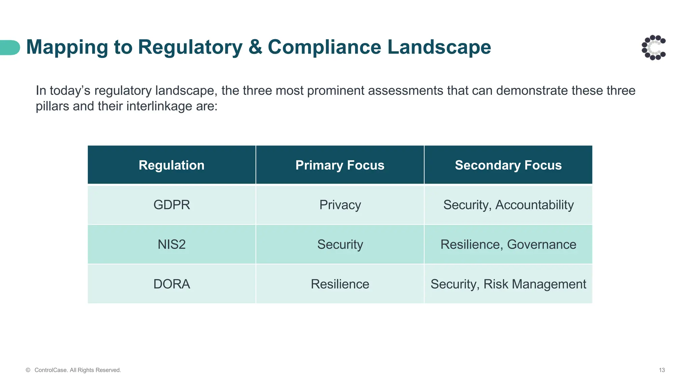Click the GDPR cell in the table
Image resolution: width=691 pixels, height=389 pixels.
(x=171, y=205)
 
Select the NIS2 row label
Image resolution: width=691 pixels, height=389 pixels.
(x=171, y=244)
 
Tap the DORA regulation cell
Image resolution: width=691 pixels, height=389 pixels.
(x=171, y=284)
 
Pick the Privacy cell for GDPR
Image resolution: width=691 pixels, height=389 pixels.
(x=340, y=205)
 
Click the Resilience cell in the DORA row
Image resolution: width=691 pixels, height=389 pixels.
(x=340, y=284)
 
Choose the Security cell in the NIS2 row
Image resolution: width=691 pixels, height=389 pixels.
(x=340, y=244)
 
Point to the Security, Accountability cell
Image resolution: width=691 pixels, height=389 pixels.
(x=508, y=205)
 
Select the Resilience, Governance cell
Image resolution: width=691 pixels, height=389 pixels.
(x=508, y=244)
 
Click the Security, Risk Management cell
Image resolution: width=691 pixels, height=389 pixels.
(x=508, y=284)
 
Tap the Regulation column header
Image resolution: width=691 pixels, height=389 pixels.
(x=171, y=165)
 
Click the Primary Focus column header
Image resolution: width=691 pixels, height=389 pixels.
(x=340, y=165)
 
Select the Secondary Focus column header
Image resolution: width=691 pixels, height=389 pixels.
(x=508, y=165)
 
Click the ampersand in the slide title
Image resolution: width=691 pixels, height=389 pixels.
(x=255, y=47)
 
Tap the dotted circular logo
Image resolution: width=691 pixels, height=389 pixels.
(x=654, y=48)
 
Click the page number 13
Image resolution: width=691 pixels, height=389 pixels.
(x=662, y=370)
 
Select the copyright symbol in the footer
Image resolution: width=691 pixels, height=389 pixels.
(x=28, y=370)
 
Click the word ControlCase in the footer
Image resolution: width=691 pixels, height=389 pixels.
(x=51, y=370)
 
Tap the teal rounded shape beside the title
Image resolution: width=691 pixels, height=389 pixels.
(x=10, y=48)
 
